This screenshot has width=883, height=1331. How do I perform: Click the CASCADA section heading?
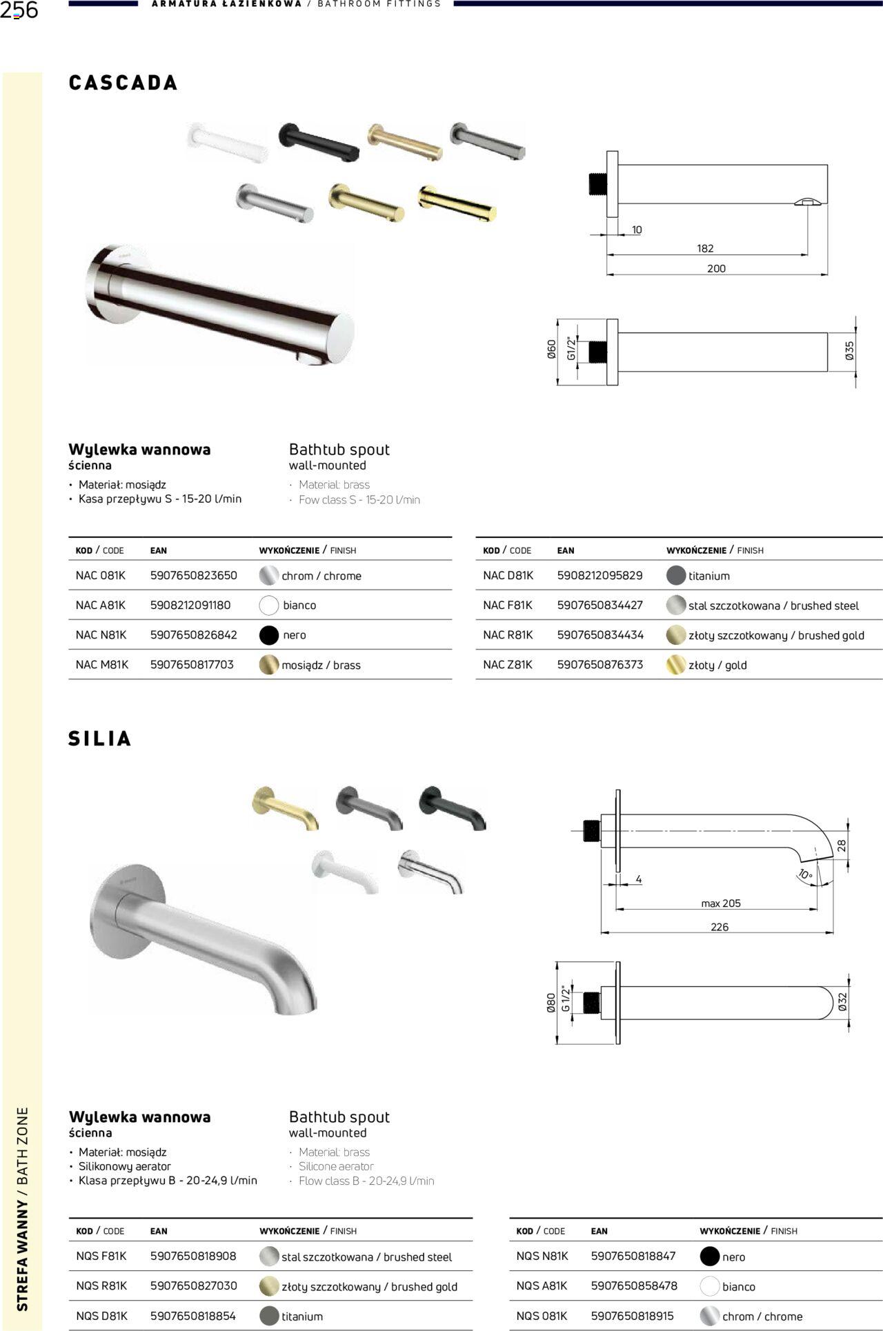(123, 83)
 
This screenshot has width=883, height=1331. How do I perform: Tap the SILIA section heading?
(100, 739)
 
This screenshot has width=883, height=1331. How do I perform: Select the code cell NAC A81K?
(101, 606)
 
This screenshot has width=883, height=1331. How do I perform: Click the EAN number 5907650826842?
(194, 635)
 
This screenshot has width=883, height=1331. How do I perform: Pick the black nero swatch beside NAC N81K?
(269, 635)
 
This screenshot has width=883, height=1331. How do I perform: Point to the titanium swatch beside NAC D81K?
(676, 575)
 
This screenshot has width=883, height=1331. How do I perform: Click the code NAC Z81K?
(508, 665)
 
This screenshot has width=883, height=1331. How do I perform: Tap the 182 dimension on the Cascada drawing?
(705, 248)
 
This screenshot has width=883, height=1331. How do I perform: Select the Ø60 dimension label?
(551, 350)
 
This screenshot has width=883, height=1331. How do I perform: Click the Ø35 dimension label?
(849, 351)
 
